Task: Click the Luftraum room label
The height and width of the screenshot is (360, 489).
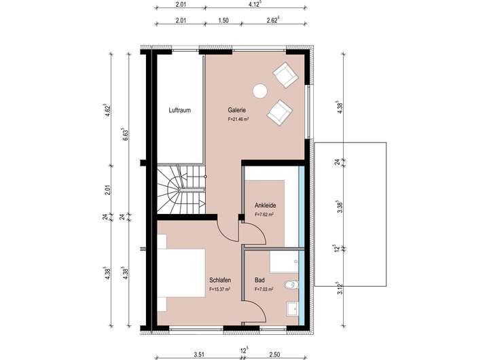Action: click(x=179, y=110)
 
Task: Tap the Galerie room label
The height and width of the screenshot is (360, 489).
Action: click(x=237, y=110)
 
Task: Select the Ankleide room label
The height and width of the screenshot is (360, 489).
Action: click(x=265, y=205)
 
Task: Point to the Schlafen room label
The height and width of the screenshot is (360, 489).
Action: click(x=220, y=280)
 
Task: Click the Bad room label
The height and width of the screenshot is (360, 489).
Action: click(x=259, y=280)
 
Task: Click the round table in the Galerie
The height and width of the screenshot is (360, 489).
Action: click(x=259, y=91)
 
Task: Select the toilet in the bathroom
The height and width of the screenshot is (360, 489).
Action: click(x=291, y=285)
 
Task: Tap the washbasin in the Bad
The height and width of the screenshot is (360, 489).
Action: click(x=293, y=309)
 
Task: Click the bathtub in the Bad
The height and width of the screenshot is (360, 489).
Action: click(x=284, y=262)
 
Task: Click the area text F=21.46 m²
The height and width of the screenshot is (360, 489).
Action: click(x=238, y=119)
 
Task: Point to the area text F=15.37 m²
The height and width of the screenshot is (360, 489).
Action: click(x=220, y=289)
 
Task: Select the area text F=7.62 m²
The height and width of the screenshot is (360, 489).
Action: click(x=264, y=215)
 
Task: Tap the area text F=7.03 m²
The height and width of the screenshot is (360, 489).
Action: click(x=264, y=289)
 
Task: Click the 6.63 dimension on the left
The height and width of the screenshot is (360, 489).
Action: click(x=125, y=134)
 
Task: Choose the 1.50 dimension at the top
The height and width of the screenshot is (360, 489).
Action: click(x=223, y=20)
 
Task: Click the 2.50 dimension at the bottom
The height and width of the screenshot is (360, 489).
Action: click(x=274, y=355)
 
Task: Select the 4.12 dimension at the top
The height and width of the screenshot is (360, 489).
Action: click(x=255, y=5)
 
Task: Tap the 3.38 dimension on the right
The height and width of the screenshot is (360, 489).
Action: click(x=340, y=207)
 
